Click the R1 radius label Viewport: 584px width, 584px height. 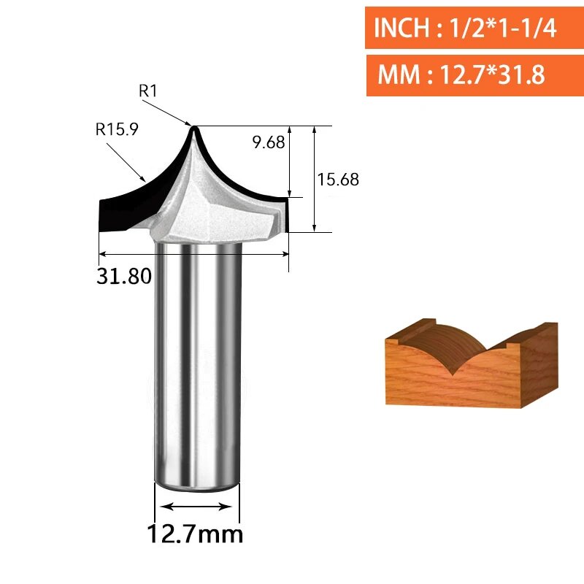pyautogui.click(x=148, y=91)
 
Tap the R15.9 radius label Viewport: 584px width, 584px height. pyautogui.click(x=117, y=129)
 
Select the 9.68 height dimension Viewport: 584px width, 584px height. pyautogui.click(x=268, y=142)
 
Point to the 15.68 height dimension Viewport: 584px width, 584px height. pyautogui.click(x=338, y=179)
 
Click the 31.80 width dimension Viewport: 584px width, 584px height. pyautogui.click(x=124, y=276)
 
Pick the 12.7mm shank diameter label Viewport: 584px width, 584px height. pyautogui.click(x=195, y=534)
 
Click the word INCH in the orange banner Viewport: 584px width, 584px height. pyautogui.click(x=401, y=28)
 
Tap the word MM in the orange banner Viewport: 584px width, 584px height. pyautogui.click(x=399, y=74)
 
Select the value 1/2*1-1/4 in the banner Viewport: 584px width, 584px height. pyautogui.click(x=503, y=28)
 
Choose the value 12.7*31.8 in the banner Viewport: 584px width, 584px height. pyautogui.click(x=492, y=74)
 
